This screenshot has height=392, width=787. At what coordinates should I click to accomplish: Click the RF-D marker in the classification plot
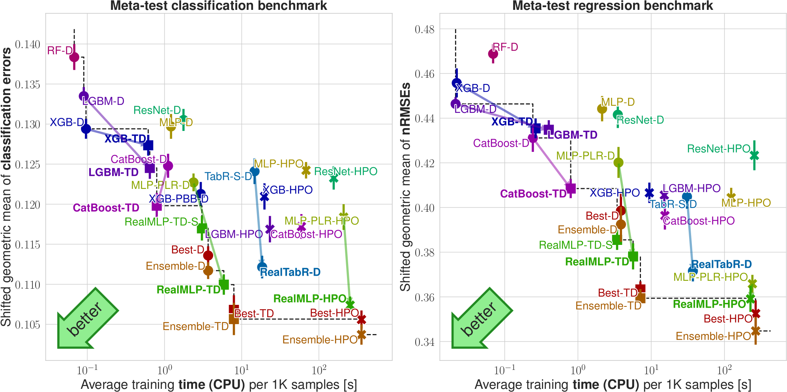[x=74, y=57]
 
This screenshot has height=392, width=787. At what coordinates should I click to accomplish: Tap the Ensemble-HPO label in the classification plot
[x=320, y=340]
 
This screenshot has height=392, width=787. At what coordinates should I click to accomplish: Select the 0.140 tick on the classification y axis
[x=28, y=45]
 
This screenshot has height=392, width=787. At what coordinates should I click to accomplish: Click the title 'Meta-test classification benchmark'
[x=218, y=6]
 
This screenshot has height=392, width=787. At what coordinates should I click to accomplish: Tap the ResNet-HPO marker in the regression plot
[x=754, y=155]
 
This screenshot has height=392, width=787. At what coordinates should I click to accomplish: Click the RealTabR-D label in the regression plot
[x=721, y=264]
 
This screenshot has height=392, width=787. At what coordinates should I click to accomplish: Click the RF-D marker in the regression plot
[x=493, y=54]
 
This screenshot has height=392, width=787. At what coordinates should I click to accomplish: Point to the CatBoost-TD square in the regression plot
[x=570, y=188]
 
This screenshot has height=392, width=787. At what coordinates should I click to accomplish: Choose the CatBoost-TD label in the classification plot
[x=106, y=208]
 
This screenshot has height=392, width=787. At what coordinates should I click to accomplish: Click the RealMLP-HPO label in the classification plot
[x=309, y=299]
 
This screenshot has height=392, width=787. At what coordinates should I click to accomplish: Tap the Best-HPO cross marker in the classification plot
[x=362, y=319]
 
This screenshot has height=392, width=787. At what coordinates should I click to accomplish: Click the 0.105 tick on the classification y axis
[x=28, y=325]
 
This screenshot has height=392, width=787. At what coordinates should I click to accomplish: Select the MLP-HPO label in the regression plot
[x=746, y=203]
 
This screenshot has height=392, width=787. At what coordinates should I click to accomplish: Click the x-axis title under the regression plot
[x=613, y=385]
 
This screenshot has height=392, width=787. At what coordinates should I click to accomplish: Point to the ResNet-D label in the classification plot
[x=157, y=110]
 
